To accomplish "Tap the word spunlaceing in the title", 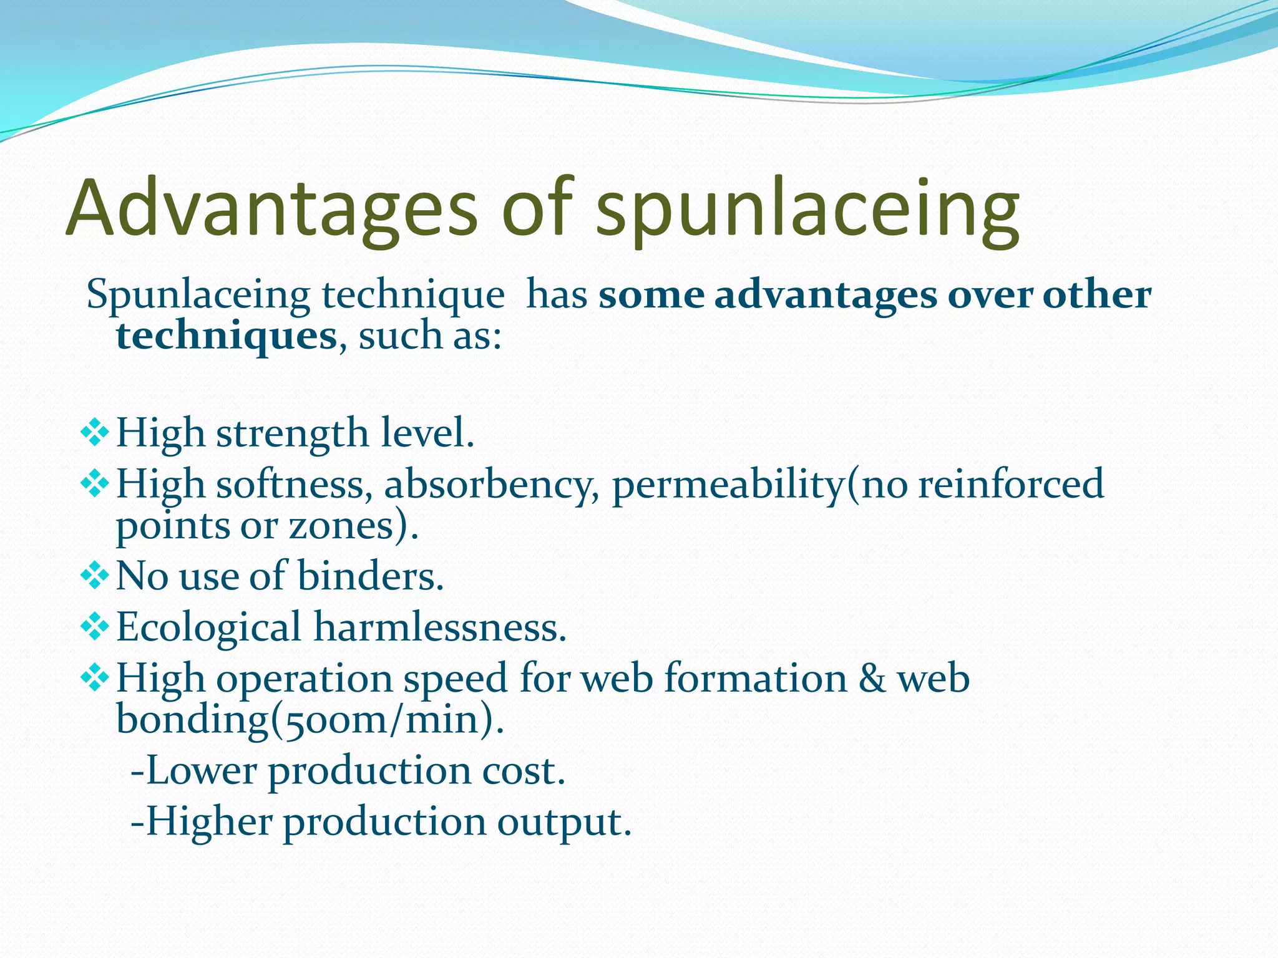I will [807, 209].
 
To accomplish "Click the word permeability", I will [728, 485].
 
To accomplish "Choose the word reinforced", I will [1011, 484].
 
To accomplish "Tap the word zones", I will [341, 526].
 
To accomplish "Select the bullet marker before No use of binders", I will [95, 576].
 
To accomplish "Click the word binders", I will [370, 575].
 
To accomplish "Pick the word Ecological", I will [208, 627].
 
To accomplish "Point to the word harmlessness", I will [440, 627].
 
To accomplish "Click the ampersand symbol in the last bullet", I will [872, 678].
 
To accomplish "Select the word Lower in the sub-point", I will [201, 770].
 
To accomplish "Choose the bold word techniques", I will [227, 336].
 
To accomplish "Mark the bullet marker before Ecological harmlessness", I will [95, 627].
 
